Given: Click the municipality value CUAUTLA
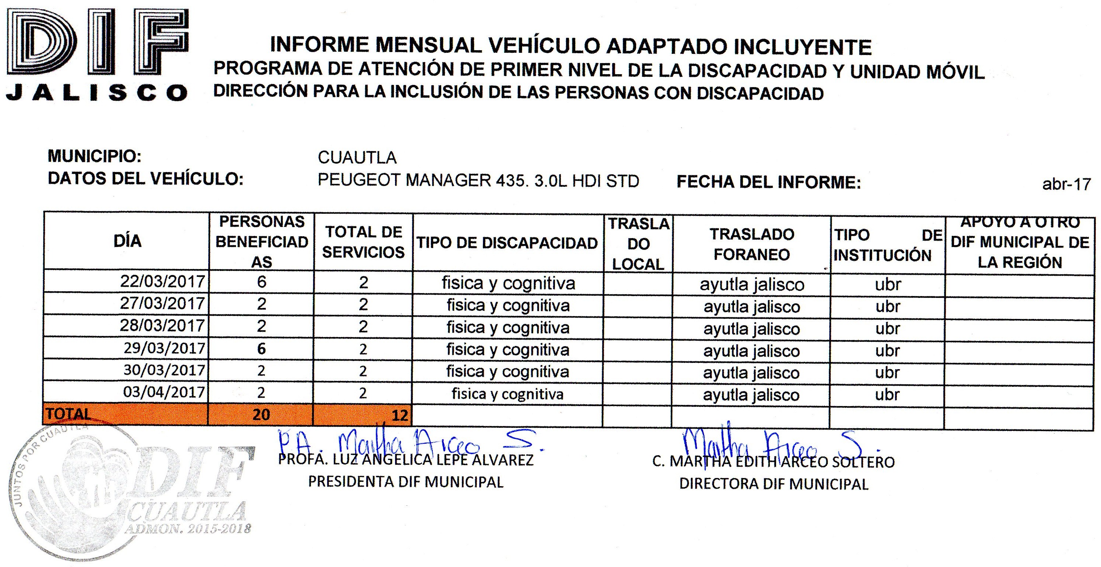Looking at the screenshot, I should point(357,158).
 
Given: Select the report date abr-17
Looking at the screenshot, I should point(1066,184).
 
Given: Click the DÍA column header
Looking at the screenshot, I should point(127,241).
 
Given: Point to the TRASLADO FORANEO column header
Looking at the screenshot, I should point(751,244).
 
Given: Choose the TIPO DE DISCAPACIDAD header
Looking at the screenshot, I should point(507,243).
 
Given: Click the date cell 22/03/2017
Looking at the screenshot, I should point(162,281).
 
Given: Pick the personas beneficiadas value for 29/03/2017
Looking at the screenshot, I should point(261,349).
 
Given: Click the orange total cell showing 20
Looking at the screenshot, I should point(261,415).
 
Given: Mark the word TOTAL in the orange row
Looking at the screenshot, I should point(69,413).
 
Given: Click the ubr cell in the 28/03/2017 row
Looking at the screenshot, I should point(888,328).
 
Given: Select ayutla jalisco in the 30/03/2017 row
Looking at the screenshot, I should point(751,372).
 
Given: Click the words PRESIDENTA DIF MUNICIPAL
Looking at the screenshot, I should point(406,482).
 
